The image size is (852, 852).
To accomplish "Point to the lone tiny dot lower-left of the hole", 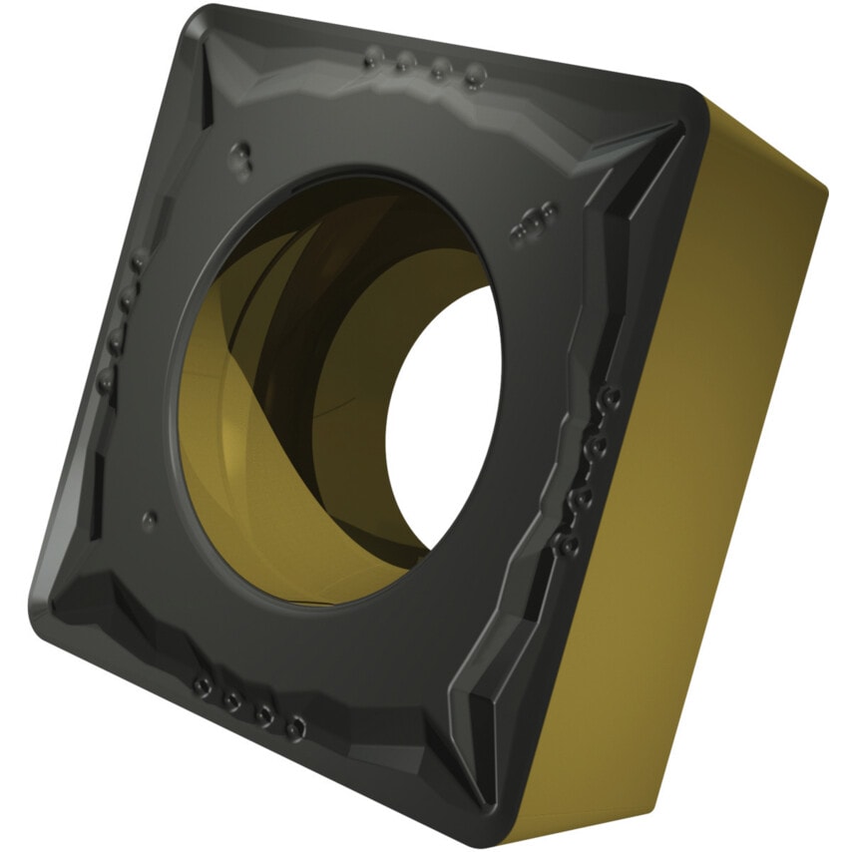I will point(149,519).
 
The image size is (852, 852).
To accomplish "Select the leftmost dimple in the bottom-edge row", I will point(203,686).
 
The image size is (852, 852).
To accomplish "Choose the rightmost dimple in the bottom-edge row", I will point(293,729).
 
